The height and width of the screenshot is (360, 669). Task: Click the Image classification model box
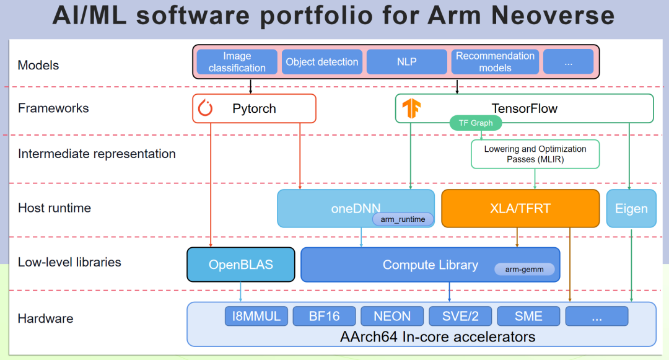[237, 62]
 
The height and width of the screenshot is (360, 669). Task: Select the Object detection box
[322, 62]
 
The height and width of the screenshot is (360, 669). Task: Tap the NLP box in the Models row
[407, 62]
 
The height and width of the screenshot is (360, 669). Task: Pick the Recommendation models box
[495, 62]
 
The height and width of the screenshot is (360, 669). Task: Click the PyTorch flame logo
[205, 108]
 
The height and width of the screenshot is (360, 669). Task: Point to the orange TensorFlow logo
[411, 108]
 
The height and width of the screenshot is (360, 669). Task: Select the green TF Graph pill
[476, 123]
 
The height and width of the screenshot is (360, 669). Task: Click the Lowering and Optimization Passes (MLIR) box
[535, 154]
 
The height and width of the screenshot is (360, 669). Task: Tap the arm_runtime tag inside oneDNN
[403, 219]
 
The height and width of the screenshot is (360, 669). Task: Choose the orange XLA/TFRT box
[520, 208]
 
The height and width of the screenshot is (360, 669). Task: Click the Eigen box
[631, 208]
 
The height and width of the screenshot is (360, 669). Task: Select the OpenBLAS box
[241, 265]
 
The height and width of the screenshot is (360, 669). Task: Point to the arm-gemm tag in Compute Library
[524, 270]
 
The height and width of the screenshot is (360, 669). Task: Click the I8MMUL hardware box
[256, 316]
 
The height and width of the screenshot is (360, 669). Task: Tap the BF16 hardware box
[325, 316]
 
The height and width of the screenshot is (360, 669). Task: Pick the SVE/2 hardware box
[460, 316]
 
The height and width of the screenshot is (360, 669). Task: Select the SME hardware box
[528, 316]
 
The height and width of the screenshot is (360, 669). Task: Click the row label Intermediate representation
[97, 154]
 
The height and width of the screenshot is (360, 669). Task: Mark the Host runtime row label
[55, 208]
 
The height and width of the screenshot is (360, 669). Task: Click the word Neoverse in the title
[543, 15]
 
